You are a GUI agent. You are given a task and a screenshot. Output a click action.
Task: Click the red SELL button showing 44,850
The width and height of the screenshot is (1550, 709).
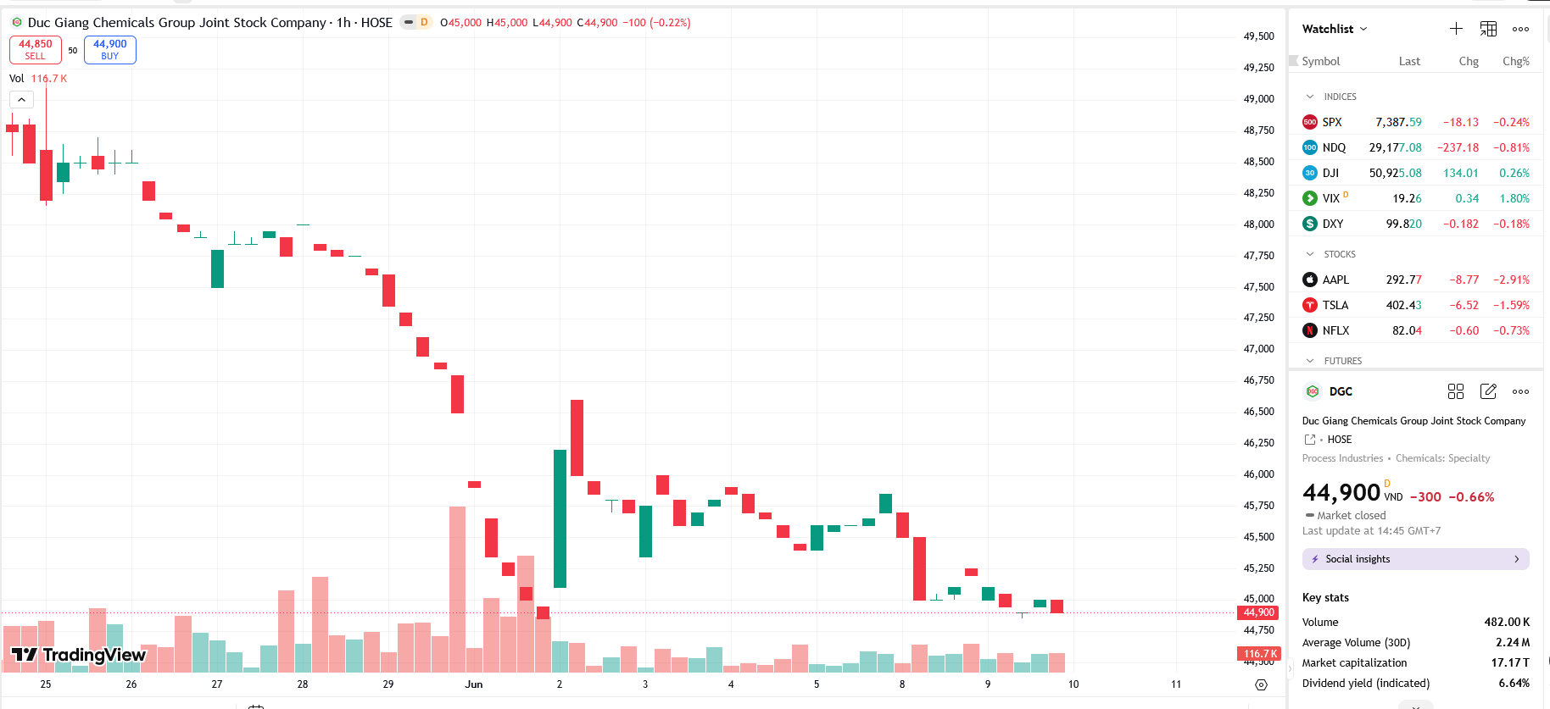[x=36, y=50]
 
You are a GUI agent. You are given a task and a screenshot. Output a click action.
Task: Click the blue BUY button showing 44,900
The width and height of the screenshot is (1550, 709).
[x=110, y=50]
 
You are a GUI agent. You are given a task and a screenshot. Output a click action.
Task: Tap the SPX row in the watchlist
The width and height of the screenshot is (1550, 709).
[x=1415, y=122]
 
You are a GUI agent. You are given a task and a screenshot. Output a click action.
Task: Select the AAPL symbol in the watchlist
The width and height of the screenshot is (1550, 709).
[x=1335, y=280]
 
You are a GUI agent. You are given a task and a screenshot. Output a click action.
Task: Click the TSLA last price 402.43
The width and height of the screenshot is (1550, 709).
[x=1403, y=305]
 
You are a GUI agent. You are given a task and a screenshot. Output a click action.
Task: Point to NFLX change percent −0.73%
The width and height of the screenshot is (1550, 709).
[x=1511, y=330]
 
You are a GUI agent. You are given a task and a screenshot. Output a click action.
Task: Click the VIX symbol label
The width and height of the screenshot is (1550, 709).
[x=1331, y=198]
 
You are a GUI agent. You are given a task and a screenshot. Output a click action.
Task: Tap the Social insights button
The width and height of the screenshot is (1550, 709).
[x=1415, y=559]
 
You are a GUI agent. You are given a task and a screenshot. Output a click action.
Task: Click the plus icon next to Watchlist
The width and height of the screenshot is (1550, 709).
[x=1456, y=29]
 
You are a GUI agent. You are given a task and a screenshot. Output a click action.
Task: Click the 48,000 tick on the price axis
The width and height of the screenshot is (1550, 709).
[x=1258, y=224]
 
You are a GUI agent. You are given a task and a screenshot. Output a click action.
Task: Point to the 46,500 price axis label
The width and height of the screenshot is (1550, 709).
[x=1258, y=412]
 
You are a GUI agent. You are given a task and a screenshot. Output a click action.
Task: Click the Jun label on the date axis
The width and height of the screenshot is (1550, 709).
[x=474, y=684]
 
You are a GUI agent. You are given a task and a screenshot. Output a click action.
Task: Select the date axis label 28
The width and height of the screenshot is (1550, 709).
[x=303, y=684]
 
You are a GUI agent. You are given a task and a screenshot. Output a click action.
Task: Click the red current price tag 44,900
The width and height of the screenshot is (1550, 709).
[x=1259, y=612]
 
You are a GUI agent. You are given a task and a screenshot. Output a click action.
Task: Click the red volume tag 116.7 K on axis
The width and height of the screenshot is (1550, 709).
[x=1259, y=654]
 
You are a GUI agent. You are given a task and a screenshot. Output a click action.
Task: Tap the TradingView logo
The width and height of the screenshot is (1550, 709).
[x=79, y=655]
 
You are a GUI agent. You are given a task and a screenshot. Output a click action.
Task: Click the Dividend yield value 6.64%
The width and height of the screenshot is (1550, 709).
[x=1514, y=684]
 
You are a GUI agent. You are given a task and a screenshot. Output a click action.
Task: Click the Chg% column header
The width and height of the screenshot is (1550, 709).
[x=1516, y=62]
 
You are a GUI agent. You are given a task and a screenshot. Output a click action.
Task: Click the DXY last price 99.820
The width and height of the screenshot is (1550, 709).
[x=1403, y=224]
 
